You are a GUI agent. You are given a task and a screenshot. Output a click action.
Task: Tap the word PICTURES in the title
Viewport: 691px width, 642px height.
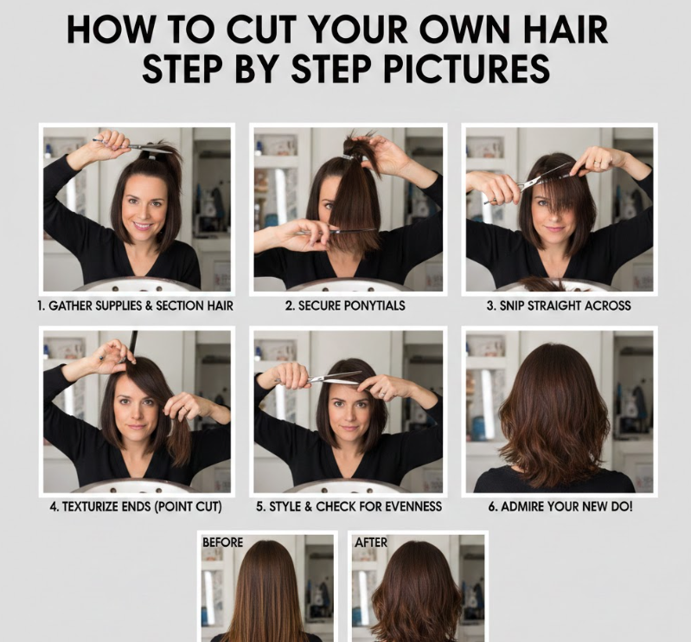pyautogui.click(x=467, y=68)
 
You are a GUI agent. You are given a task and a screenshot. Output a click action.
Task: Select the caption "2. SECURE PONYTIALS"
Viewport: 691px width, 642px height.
pyautogui.click(x=345, y=305)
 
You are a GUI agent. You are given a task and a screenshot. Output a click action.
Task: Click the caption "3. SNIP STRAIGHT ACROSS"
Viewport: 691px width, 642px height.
pyautogui.click(x=559, y=305)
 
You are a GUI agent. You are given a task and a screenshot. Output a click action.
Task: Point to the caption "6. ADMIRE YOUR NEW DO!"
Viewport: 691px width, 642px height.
pyautogui.click(x=560, y=506)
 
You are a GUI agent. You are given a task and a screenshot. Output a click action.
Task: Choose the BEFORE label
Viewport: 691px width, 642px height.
pyautogui.click(x=222, y=542)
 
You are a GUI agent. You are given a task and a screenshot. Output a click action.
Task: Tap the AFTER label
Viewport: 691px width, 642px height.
pyautogui.click(x=371, y=542)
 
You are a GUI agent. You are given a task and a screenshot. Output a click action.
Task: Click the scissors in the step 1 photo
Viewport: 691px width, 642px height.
pyautogui.click(x=131, y=145)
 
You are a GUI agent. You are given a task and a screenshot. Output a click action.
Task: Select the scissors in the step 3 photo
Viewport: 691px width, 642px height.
pyautogui.click(x=528, y=183)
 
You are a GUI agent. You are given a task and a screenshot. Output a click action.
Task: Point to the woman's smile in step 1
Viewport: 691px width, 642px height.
pyautogui.click(x=143, y=226)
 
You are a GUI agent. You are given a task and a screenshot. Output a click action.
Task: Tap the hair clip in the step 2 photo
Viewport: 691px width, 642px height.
pyautogui.click(x=348, y=157)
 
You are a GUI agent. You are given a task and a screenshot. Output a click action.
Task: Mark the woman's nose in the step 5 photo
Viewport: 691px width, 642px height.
pyautogui.click(x=350, y=414)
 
